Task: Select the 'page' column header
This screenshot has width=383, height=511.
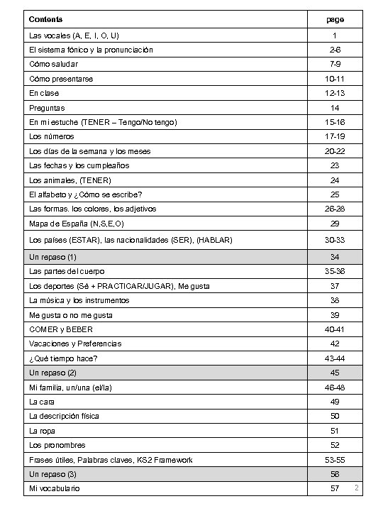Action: click(335, 20)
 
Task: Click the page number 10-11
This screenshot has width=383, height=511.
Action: click(335, 79)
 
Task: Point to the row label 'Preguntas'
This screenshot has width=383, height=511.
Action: click(47, 108)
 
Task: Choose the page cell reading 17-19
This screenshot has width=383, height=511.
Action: click(335, 136)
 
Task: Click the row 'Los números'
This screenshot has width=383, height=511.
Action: click(51, 136)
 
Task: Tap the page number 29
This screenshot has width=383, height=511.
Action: click(335, 224)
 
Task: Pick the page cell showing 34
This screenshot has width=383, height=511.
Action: click(335, 256)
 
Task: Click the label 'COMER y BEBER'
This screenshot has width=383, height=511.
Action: click(61, 329)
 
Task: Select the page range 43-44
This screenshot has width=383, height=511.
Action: click(335, 358)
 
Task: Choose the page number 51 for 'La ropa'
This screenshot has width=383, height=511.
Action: click(335, 431)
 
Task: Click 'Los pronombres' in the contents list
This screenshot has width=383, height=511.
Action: click(57, 445)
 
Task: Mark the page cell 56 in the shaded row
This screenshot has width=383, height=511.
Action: click(335, 474)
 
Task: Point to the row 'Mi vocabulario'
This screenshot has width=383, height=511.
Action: click(55, 489)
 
